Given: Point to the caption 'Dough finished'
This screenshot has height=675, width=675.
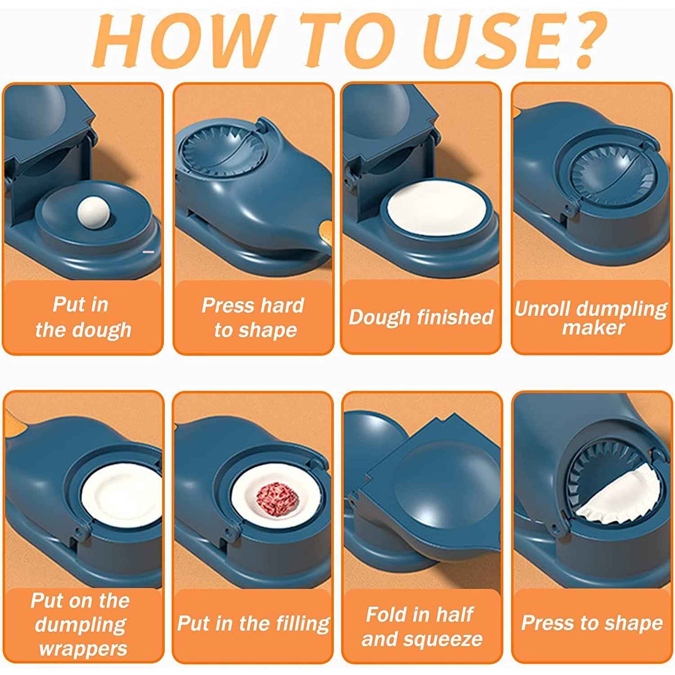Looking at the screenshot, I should (421, 317).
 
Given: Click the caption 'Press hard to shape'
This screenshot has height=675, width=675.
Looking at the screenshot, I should (253, 318).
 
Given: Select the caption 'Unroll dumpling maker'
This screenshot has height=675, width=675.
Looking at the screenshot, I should (591, 318).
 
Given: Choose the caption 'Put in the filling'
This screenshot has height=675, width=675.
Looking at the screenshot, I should (253, 624).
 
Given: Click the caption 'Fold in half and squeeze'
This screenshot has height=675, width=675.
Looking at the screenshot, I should (421, 626).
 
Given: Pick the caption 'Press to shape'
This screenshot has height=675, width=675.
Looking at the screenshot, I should (591, 623).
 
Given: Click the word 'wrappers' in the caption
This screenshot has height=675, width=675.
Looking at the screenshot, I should (83, 649).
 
